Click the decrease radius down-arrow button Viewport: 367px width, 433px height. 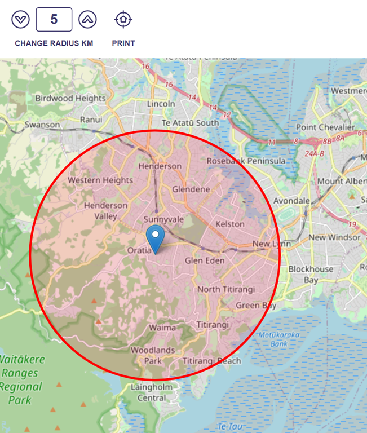click(20, 20)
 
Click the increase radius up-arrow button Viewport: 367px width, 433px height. click(87, 20)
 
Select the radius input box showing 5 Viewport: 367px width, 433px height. click(54, 20)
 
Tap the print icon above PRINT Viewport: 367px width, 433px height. click(123, 20)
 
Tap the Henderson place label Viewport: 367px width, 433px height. click(160, 166)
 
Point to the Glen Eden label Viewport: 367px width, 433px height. click(205, 260)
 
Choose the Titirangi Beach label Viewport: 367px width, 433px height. click(211, 361)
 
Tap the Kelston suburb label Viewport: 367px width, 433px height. click(230, 224)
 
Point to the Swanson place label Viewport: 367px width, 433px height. click(42, 125)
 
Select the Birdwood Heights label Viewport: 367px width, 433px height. click(70, 98)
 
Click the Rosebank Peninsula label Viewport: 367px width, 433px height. click(246, 161)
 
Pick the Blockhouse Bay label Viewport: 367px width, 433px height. click(311, 275)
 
